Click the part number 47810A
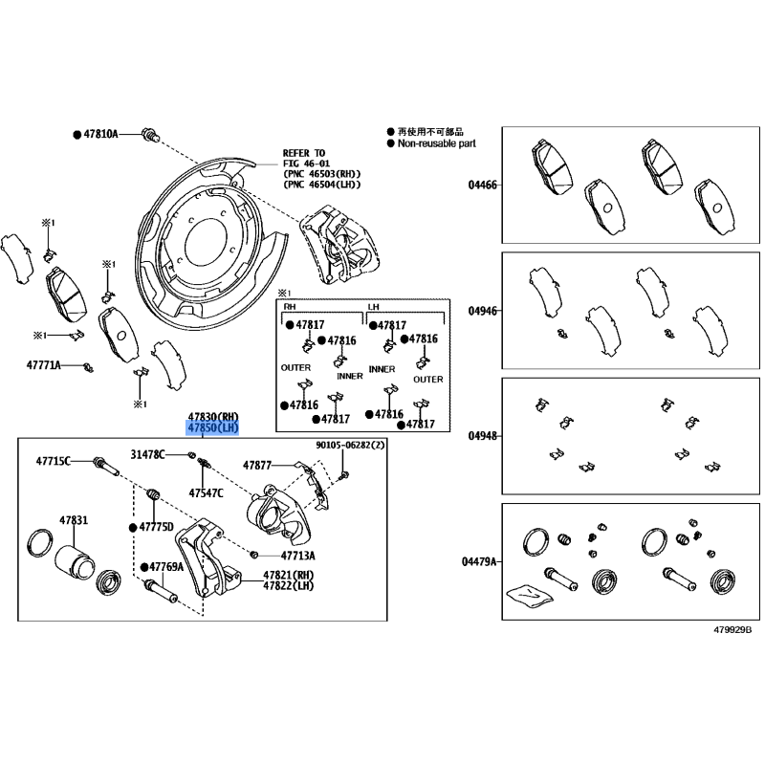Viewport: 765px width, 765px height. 101,134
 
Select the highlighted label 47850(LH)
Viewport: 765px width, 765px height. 213,428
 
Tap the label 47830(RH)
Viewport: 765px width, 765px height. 213,417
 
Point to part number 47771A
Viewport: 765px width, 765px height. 43,365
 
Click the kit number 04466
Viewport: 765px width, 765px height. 483,185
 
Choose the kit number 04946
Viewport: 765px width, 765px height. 483,311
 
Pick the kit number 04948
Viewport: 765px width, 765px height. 483,436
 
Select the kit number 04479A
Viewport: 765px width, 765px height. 479,562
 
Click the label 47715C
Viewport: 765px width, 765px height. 54,461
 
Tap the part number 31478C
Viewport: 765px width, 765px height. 148,455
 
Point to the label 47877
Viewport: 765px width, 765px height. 257,466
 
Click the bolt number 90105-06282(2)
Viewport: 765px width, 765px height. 350,445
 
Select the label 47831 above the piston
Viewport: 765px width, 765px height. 74,520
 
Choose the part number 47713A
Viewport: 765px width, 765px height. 298,556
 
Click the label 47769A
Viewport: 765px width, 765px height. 166,567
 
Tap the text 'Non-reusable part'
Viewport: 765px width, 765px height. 437,143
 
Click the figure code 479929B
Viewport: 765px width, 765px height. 732,630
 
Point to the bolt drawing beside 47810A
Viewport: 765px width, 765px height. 151,134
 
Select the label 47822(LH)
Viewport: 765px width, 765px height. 289,586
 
